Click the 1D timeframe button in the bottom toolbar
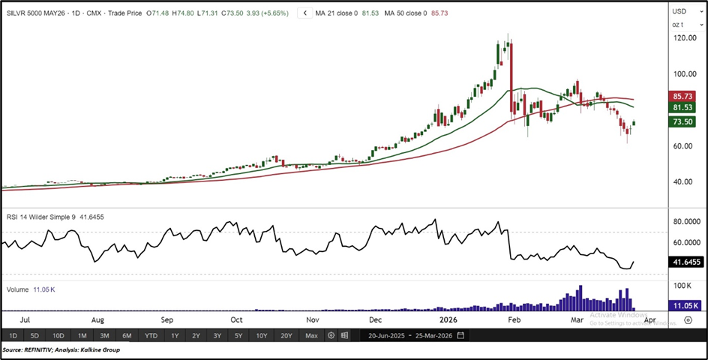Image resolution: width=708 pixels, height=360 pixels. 13,335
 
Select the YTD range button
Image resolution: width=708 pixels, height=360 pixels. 151,335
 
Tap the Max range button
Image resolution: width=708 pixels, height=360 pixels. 311,335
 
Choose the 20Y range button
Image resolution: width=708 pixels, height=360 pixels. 286,335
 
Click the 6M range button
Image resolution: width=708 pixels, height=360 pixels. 127,335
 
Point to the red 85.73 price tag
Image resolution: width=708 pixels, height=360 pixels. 683,97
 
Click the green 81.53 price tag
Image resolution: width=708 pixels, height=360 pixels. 683,108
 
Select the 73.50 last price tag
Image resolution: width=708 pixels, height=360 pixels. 683,121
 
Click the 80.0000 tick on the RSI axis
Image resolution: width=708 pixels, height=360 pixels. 685,222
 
